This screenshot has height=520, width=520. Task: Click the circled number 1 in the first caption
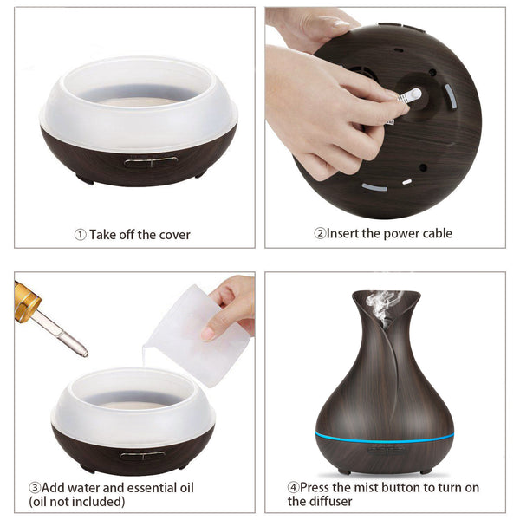click(x=80, y=234)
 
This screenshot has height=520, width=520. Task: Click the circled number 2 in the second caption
click(x=320, y=233)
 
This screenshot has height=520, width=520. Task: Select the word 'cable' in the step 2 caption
click(x=434, y=233)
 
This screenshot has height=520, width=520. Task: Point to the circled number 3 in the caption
click(x=35, y=487)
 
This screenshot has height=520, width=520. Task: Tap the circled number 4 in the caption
click(x=294, y=487)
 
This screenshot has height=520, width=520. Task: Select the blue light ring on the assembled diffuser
click(x=385, y=434)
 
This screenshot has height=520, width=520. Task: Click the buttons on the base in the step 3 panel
click(x=142, y=454)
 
